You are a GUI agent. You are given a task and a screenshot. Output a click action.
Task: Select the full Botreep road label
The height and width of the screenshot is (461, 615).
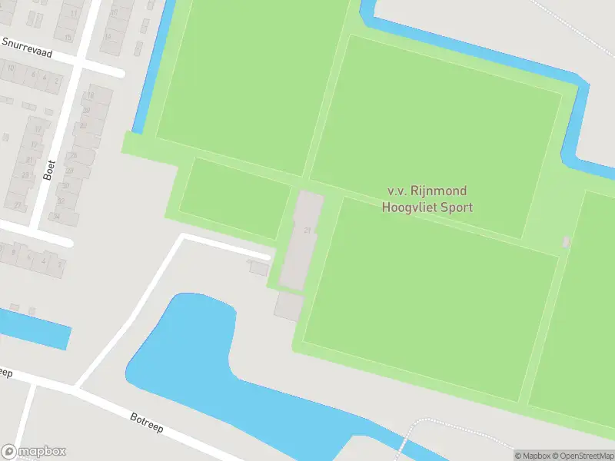pyautogui.click(x=146, y=423)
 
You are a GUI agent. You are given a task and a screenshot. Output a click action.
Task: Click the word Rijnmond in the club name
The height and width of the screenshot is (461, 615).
pyautogui.click(x=437, y=191)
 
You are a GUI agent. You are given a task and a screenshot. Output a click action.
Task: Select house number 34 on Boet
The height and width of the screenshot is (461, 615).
pyautogui.click(x=56, y=217)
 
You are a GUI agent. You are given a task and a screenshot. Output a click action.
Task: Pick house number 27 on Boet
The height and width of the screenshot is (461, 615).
pyautogui.click(x=17, y=205)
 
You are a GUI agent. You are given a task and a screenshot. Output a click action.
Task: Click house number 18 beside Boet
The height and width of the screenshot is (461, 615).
pyautogui.click(x=91, y=95)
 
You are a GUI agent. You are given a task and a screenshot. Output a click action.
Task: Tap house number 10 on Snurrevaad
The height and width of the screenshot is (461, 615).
pyautogui.click(x=11, y=68)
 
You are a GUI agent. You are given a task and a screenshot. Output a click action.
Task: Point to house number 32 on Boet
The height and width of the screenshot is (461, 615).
pyautogui.click(x=61, y=201)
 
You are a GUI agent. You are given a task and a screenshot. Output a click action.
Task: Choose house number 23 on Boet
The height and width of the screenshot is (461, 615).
pyautogui.click(x=26, y=175)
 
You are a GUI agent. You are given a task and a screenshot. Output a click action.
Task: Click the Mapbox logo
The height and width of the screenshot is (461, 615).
pyautogui.click(x=34, y=452)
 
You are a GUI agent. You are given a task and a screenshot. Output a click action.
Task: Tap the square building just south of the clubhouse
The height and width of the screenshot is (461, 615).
pyautogui.click(x=289, y=307)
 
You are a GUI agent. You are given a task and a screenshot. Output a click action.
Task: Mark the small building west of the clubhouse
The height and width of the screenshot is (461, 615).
pyautogui.click(x=258, y=268)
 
